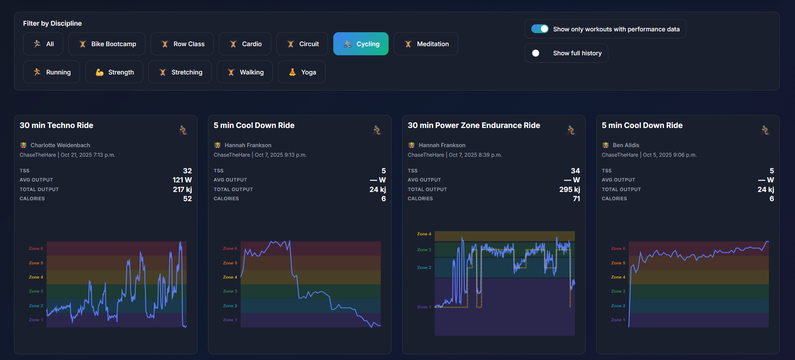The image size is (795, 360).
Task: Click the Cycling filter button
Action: [x=361, y=44]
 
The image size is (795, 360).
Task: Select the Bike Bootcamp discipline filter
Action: [x=107, y=44]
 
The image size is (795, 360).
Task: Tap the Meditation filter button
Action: [x=426, y=44]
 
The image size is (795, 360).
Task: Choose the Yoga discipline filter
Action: [x=302, y=72]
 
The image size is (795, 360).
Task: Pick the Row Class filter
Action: [x=182, y=44]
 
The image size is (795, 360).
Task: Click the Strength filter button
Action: [x=114, y=72]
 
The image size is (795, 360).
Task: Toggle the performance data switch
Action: [x=540, y=29]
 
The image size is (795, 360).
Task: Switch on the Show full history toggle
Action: [x=536, y=53]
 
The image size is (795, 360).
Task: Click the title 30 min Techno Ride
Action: [x=57, y=125]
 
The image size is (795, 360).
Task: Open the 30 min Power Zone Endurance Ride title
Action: [x=474, y=125]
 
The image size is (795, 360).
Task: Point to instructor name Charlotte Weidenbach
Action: [x=60, y=145]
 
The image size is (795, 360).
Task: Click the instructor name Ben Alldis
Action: [x=626, y=145]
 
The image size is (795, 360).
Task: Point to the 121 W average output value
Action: [x=182, y=180]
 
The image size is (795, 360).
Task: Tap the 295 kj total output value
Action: [x=569, y=189]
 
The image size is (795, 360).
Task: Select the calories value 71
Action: [x=576, y=199]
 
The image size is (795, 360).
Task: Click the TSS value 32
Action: [x=187, y=171]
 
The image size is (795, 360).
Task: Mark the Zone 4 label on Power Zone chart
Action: [x=424, y=234]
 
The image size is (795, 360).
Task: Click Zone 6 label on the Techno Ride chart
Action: [x=36, y=249]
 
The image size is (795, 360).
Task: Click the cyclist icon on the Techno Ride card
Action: [x=183, y=130]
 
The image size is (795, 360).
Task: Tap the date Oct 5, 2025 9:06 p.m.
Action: [x=670, y=155]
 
